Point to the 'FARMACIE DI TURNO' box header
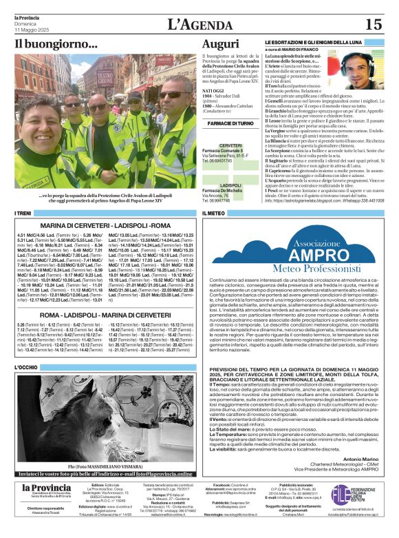(x=230, y=123)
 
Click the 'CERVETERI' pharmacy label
(x=230, y=146)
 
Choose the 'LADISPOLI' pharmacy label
(x=230, y=185)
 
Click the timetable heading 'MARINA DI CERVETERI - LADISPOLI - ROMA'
(x=106, y=225)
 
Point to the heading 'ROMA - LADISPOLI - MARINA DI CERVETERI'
(x=106, y=314)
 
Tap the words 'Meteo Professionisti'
(x=316, y=267)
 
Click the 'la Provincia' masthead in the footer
(x=46, y=487)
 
